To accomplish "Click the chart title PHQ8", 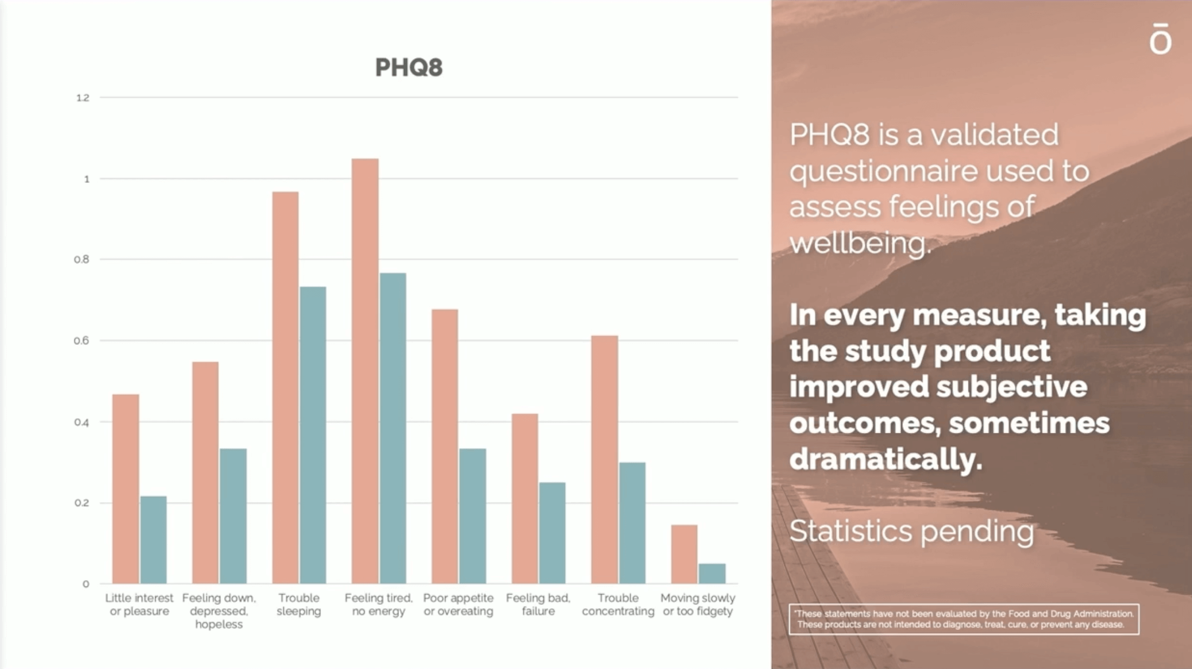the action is (x=409, y=67).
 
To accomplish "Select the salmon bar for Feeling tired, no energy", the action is (x=365, y=371).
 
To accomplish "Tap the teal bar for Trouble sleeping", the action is (x=313, y=435).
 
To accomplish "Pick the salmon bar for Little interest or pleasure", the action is (x=125, y=489).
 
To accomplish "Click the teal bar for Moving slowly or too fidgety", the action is (x=712, y=573).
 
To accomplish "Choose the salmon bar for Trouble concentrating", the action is (x=605, y=459).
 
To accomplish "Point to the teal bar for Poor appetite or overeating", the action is (x=472, y=516).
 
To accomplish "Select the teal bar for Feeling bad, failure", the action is (x=552, y=533).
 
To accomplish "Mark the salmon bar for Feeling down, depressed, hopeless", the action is (x=205, y=472).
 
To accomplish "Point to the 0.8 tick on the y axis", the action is (x=81, y=260).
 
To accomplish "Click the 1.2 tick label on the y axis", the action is (x=83, y=98).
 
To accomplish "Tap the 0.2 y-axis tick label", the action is (x=81, y=503).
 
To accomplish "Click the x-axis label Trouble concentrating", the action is (x=618, y=604).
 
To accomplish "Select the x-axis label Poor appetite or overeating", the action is (x=458, y=604).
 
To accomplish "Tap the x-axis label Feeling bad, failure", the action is (x=538, y=604).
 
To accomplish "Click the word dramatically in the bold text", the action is (x=885, y=459).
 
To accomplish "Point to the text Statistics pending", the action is (x=911, y=531).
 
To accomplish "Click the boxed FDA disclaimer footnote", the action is (x=964, y=619).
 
